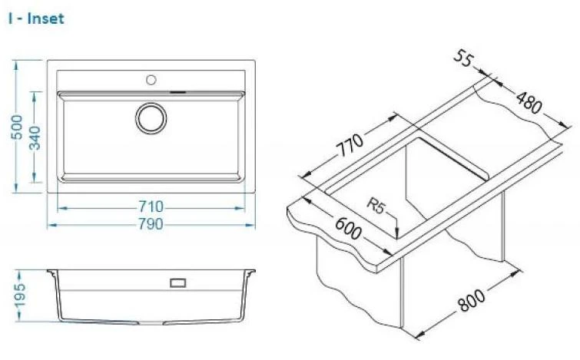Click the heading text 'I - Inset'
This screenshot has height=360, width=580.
point(36,18)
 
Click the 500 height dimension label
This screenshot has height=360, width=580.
point(17,127)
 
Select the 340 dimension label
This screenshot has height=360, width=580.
point(35,137)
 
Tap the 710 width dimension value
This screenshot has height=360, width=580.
point(151,207)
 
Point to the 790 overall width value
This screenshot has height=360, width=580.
point(151,224)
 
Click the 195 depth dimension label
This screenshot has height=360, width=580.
point(19,295)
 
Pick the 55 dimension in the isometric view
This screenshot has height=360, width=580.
point(462,58)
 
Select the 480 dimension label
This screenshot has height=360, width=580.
point(529,103)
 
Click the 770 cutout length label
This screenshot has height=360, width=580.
point(350,145)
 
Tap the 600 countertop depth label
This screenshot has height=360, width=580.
point(348,228)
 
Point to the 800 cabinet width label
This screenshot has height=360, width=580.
point(471,299)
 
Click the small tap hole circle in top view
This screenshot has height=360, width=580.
point(151,80)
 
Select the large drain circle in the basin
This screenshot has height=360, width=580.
point(151,118)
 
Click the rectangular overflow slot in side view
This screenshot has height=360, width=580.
point(177,283)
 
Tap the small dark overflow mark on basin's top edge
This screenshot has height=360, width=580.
point(177,91)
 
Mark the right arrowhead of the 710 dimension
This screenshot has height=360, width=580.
point(240,208)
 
